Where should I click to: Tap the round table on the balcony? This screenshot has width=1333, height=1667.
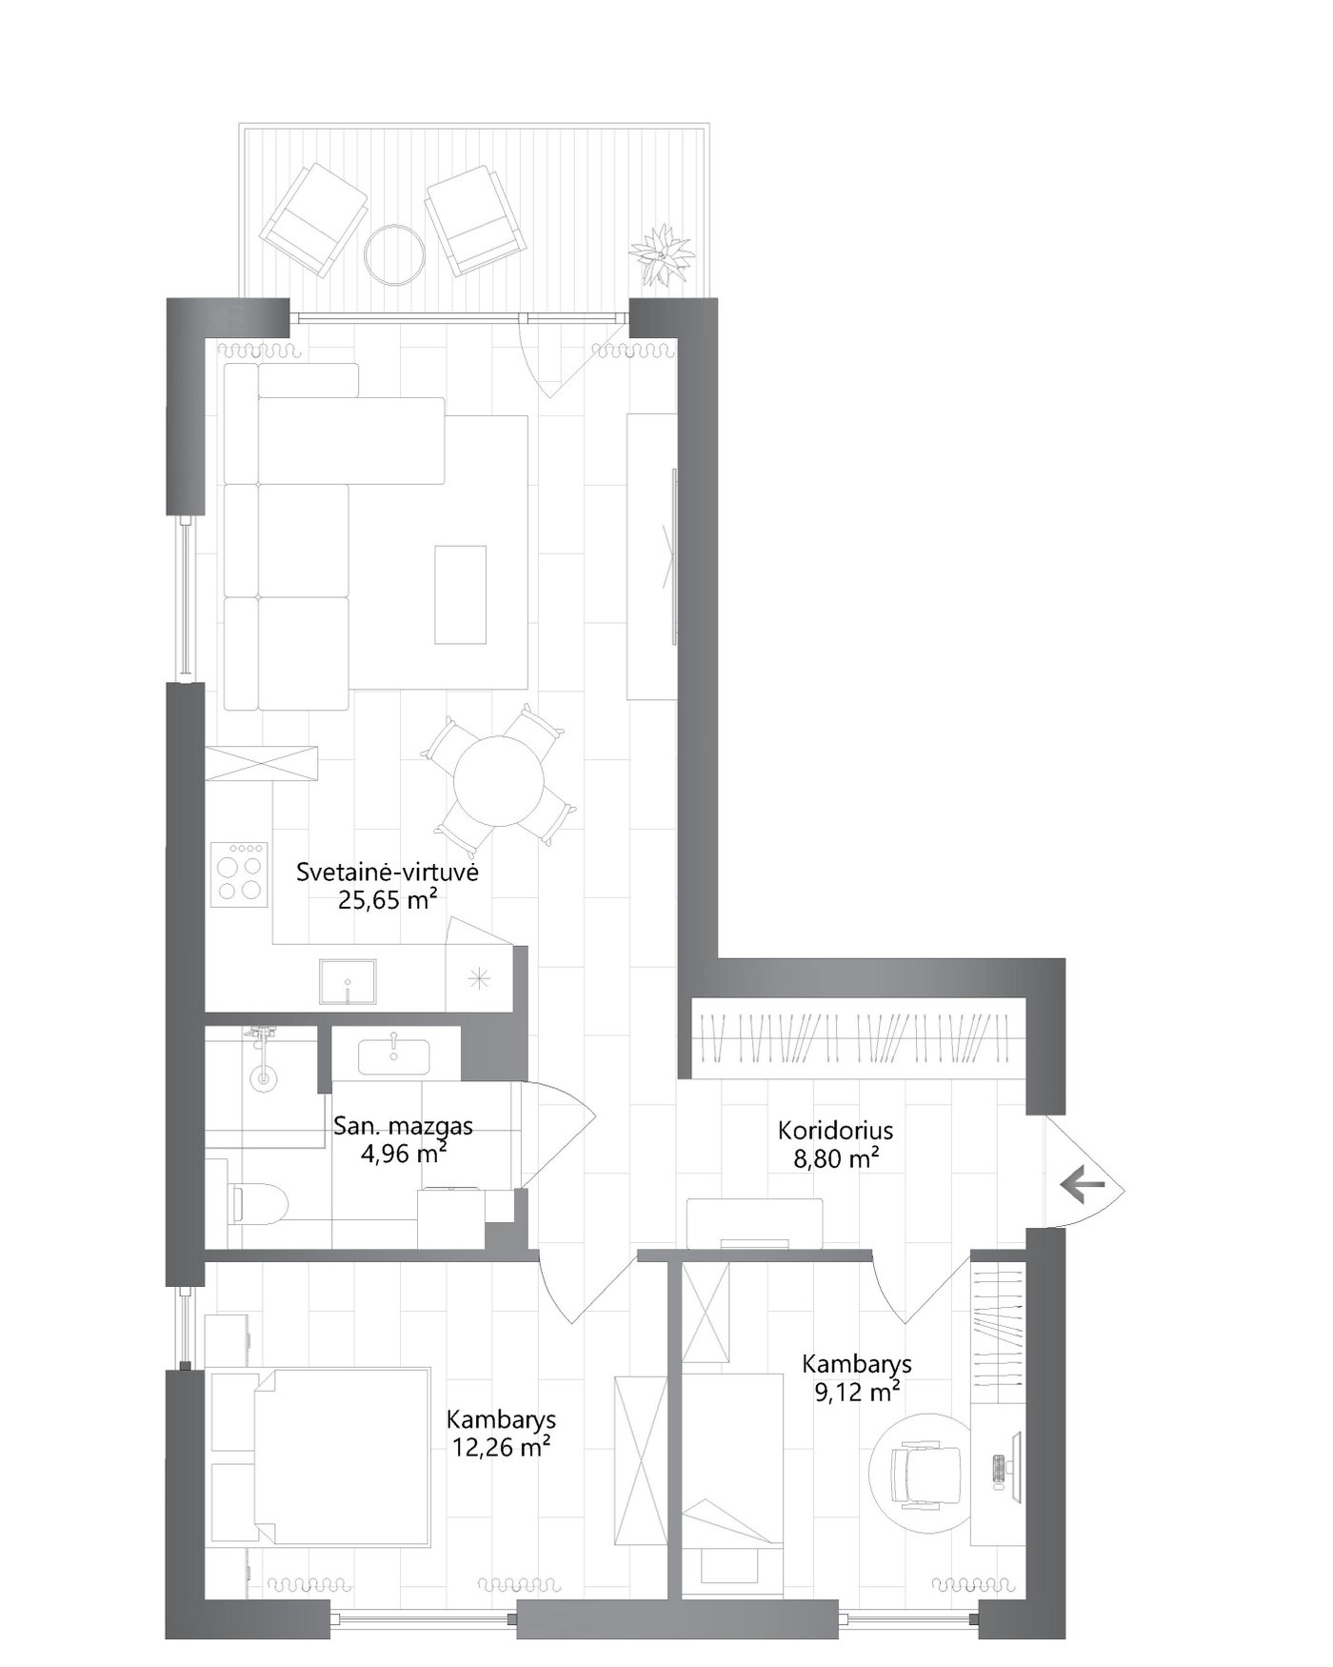(394, 253)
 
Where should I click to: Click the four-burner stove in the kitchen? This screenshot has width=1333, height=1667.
(239, 874)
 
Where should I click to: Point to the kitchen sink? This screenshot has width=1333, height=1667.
(348, 982)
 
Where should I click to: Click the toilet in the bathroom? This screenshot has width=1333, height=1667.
(258, 1204)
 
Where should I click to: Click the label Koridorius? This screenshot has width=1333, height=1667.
(836, 1131)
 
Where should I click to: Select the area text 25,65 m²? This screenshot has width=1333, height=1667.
(388, 900)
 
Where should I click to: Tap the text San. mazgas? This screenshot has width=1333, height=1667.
(403, 1126)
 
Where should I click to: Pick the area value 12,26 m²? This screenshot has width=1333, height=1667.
(502, 1448)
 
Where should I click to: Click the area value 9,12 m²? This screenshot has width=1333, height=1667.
(857, 1393)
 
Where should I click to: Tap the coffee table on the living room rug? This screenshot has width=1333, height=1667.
(461, 594)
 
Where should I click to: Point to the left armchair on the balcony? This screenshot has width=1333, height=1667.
(314, 220)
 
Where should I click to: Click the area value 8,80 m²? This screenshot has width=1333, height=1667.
(836, 1159)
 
